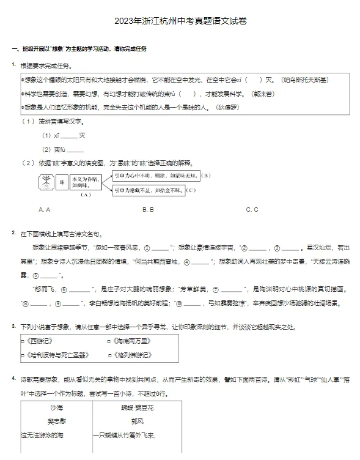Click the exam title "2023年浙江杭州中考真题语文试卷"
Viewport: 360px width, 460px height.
180,21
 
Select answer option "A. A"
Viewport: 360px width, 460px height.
44,209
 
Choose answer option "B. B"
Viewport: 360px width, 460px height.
148,209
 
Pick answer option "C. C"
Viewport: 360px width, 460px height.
252,209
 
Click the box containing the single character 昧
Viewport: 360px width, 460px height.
61,182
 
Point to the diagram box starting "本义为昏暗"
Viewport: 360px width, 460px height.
85,182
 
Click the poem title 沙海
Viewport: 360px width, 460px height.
56,407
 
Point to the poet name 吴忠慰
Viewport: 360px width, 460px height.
56,421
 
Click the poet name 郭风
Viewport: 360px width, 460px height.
136,421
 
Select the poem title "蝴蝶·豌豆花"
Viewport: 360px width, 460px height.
137,407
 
